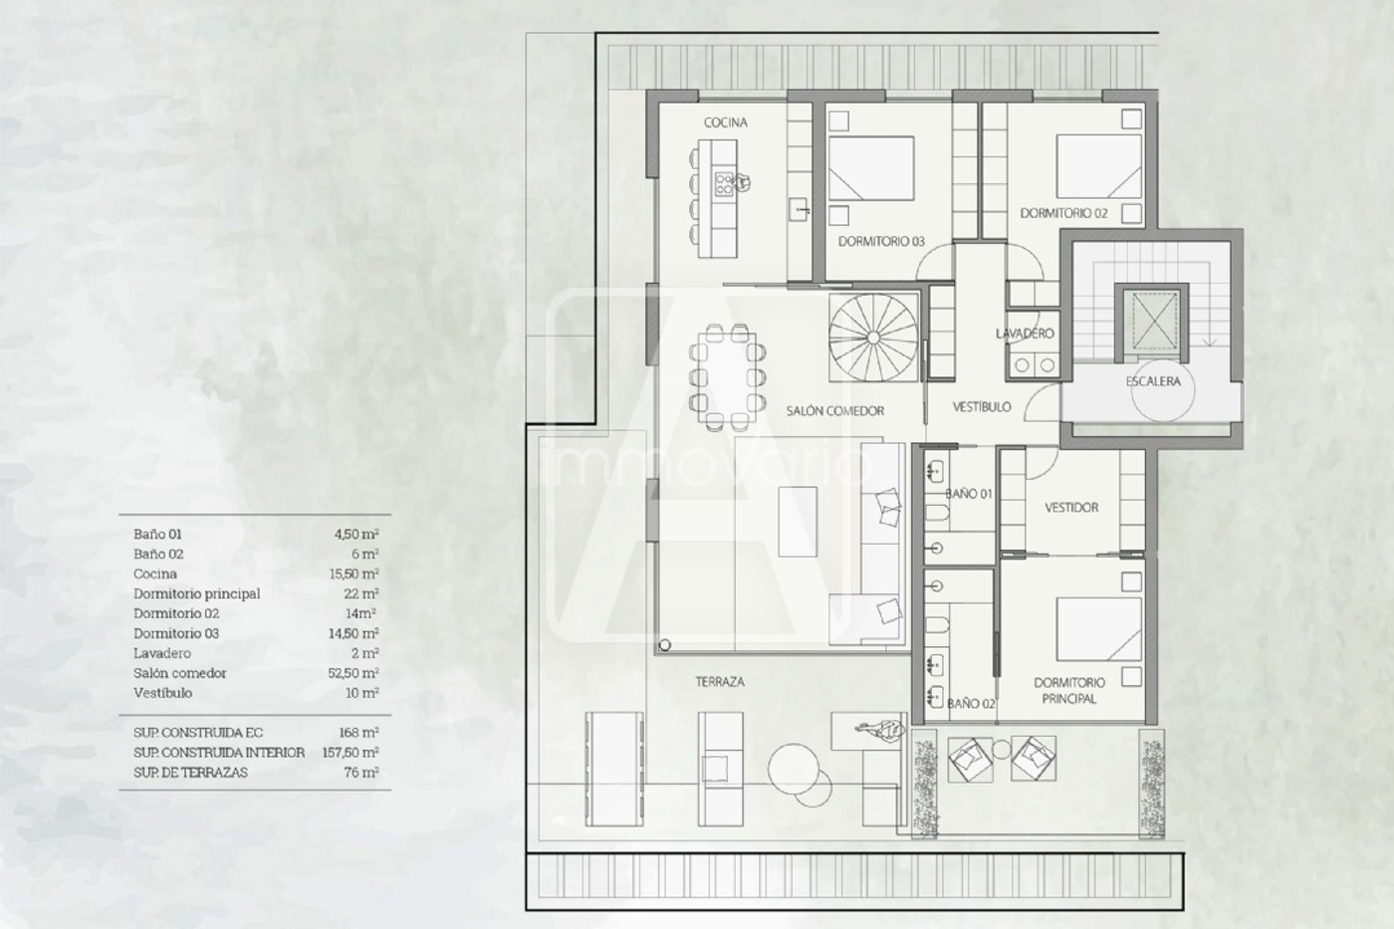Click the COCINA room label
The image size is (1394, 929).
pyautogui.click(x=726, y=122)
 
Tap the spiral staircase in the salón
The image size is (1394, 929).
pyautogui.click(x=873, y=338)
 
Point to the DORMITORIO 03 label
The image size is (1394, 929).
pyautogui.click(x=881, y=241)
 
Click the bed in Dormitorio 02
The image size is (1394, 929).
pyautogui.click(x=1099, y=166)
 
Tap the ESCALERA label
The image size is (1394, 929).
pyautogui.click(x=1153, y=381)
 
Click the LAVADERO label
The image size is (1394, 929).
pyautogui.click(x=1025, y=334)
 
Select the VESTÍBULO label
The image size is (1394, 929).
pyautogui.click(x=982, y=407)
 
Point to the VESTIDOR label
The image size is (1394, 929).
pyautogui.click(x=1071, y=508)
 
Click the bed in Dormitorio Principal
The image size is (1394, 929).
pyautogui.click(x=1099, y=629)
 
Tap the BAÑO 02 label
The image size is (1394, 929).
pyautogui.click(x=971, y=704)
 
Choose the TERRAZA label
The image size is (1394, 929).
pyautogui.click(x=720, y=682)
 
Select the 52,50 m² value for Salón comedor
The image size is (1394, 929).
pyautogui.click(x=353, y=673)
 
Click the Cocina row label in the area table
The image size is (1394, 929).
pyautogui.click(x=155, y=574)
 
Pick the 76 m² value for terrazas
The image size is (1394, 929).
pyautogui.click(x=361, y=773)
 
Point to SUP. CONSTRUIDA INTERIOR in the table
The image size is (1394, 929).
pyautogui.click(x=219, y=753)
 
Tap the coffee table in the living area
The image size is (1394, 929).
pyautogui.click(x=798, y=522)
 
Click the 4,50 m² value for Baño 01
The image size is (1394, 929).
pyautogui.click(x=356, y=534)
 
